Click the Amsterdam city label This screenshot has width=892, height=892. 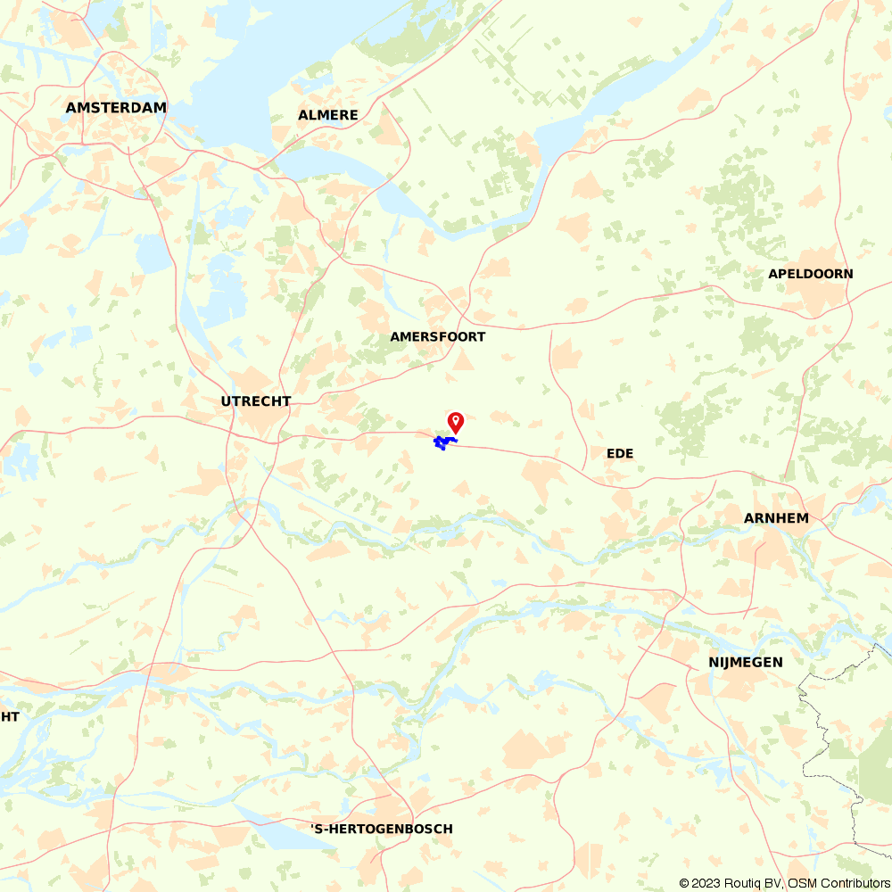[x=116, y=108]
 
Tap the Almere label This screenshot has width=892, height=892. [x=328, y=115]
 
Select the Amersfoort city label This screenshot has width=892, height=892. [x=438, y=337]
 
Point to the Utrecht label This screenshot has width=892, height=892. [x=256, y=401]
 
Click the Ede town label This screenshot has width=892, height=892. [x=620, y=454]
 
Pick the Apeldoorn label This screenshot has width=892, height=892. [x=811, y=274]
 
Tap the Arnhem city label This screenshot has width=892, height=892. [x=776, y=518]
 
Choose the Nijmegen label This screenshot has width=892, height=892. [x=746, y=662]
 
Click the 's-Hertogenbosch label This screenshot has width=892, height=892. [x=382, y=830]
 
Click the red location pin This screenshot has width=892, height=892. [x=456, y=421]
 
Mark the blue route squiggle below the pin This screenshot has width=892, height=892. [x=442, y=442]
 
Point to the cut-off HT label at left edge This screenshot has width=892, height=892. [x=10, y=717]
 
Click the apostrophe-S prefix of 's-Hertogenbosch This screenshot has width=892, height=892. [x=317, y=830]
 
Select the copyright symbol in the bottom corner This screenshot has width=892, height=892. [x=684, y=883]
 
